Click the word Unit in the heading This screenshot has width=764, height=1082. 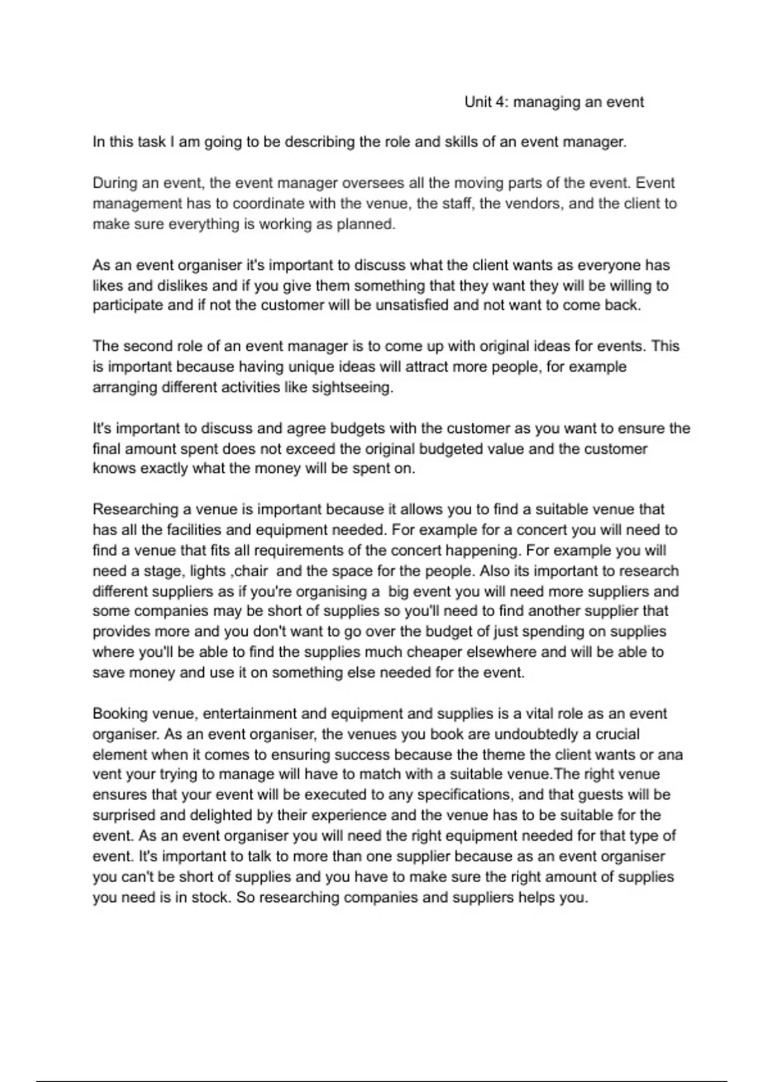click(x=477, y=102)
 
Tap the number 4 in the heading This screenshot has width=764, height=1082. click(x=500, y=102)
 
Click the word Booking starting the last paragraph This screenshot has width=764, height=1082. click(x=120, y=714)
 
